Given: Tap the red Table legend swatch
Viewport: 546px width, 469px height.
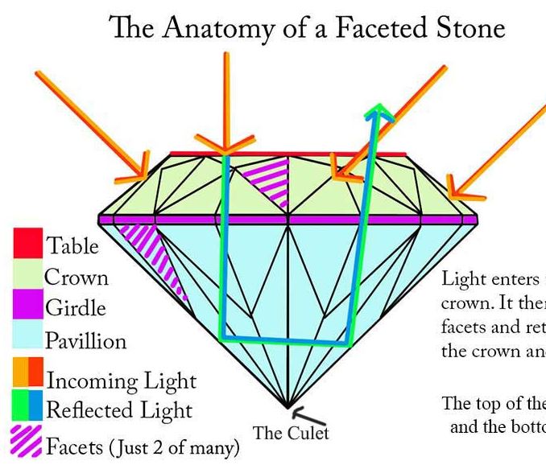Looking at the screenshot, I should tap(27, 245).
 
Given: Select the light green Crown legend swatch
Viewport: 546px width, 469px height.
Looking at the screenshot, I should tap(27, 277).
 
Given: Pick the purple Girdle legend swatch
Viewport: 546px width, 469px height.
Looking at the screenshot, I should tap(27, 308).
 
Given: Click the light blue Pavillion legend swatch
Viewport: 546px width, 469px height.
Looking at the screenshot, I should tap(27, 340).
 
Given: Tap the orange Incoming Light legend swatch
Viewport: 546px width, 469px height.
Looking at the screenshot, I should tap(27, 377).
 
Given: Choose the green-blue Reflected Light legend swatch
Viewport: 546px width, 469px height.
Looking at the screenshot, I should tap(27, 408).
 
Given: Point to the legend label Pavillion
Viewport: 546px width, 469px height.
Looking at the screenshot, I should tap(85, 341).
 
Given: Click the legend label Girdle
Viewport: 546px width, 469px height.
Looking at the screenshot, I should tap(76, 308).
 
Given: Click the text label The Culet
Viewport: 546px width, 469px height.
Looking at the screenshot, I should tap(292, 434).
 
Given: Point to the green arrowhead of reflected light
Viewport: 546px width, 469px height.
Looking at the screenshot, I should tap(377, 112).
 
